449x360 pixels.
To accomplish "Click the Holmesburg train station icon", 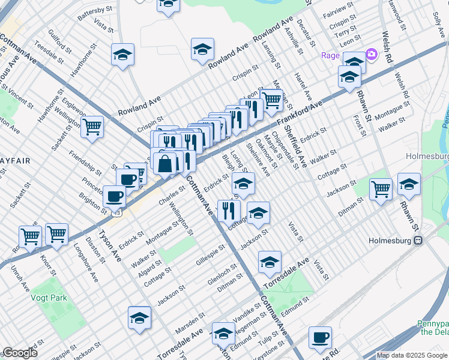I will click(x=419, y=241).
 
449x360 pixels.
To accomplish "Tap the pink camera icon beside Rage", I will click(x=372, y=55).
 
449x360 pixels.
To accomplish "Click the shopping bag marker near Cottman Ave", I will click(x=164, y=163).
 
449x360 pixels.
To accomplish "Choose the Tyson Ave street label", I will click(x=110, y=245).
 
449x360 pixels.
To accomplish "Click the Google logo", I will click(x=20, y=353).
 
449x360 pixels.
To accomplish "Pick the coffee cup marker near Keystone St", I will click(x=320, y=337).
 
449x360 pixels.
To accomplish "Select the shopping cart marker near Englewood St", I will click(x=92, y=127).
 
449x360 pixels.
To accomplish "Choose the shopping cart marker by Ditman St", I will click(x=381, y=189).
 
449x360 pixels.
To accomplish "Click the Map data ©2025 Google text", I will click(x=411, y=355).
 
